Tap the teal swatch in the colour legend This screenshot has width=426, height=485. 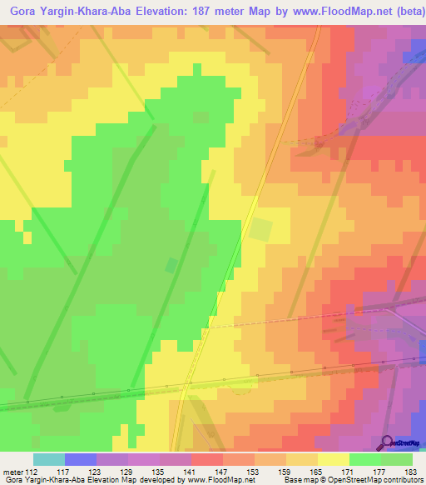tap(48, 459)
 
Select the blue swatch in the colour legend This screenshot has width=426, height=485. tap(80, 459)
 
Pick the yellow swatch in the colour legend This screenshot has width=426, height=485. tap(333, 459)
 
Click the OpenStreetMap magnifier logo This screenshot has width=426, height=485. tap(387, 443)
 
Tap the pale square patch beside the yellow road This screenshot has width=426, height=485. tap(261, 229)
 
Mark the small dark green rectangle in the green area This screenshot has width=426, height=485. tap(171, 265)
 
